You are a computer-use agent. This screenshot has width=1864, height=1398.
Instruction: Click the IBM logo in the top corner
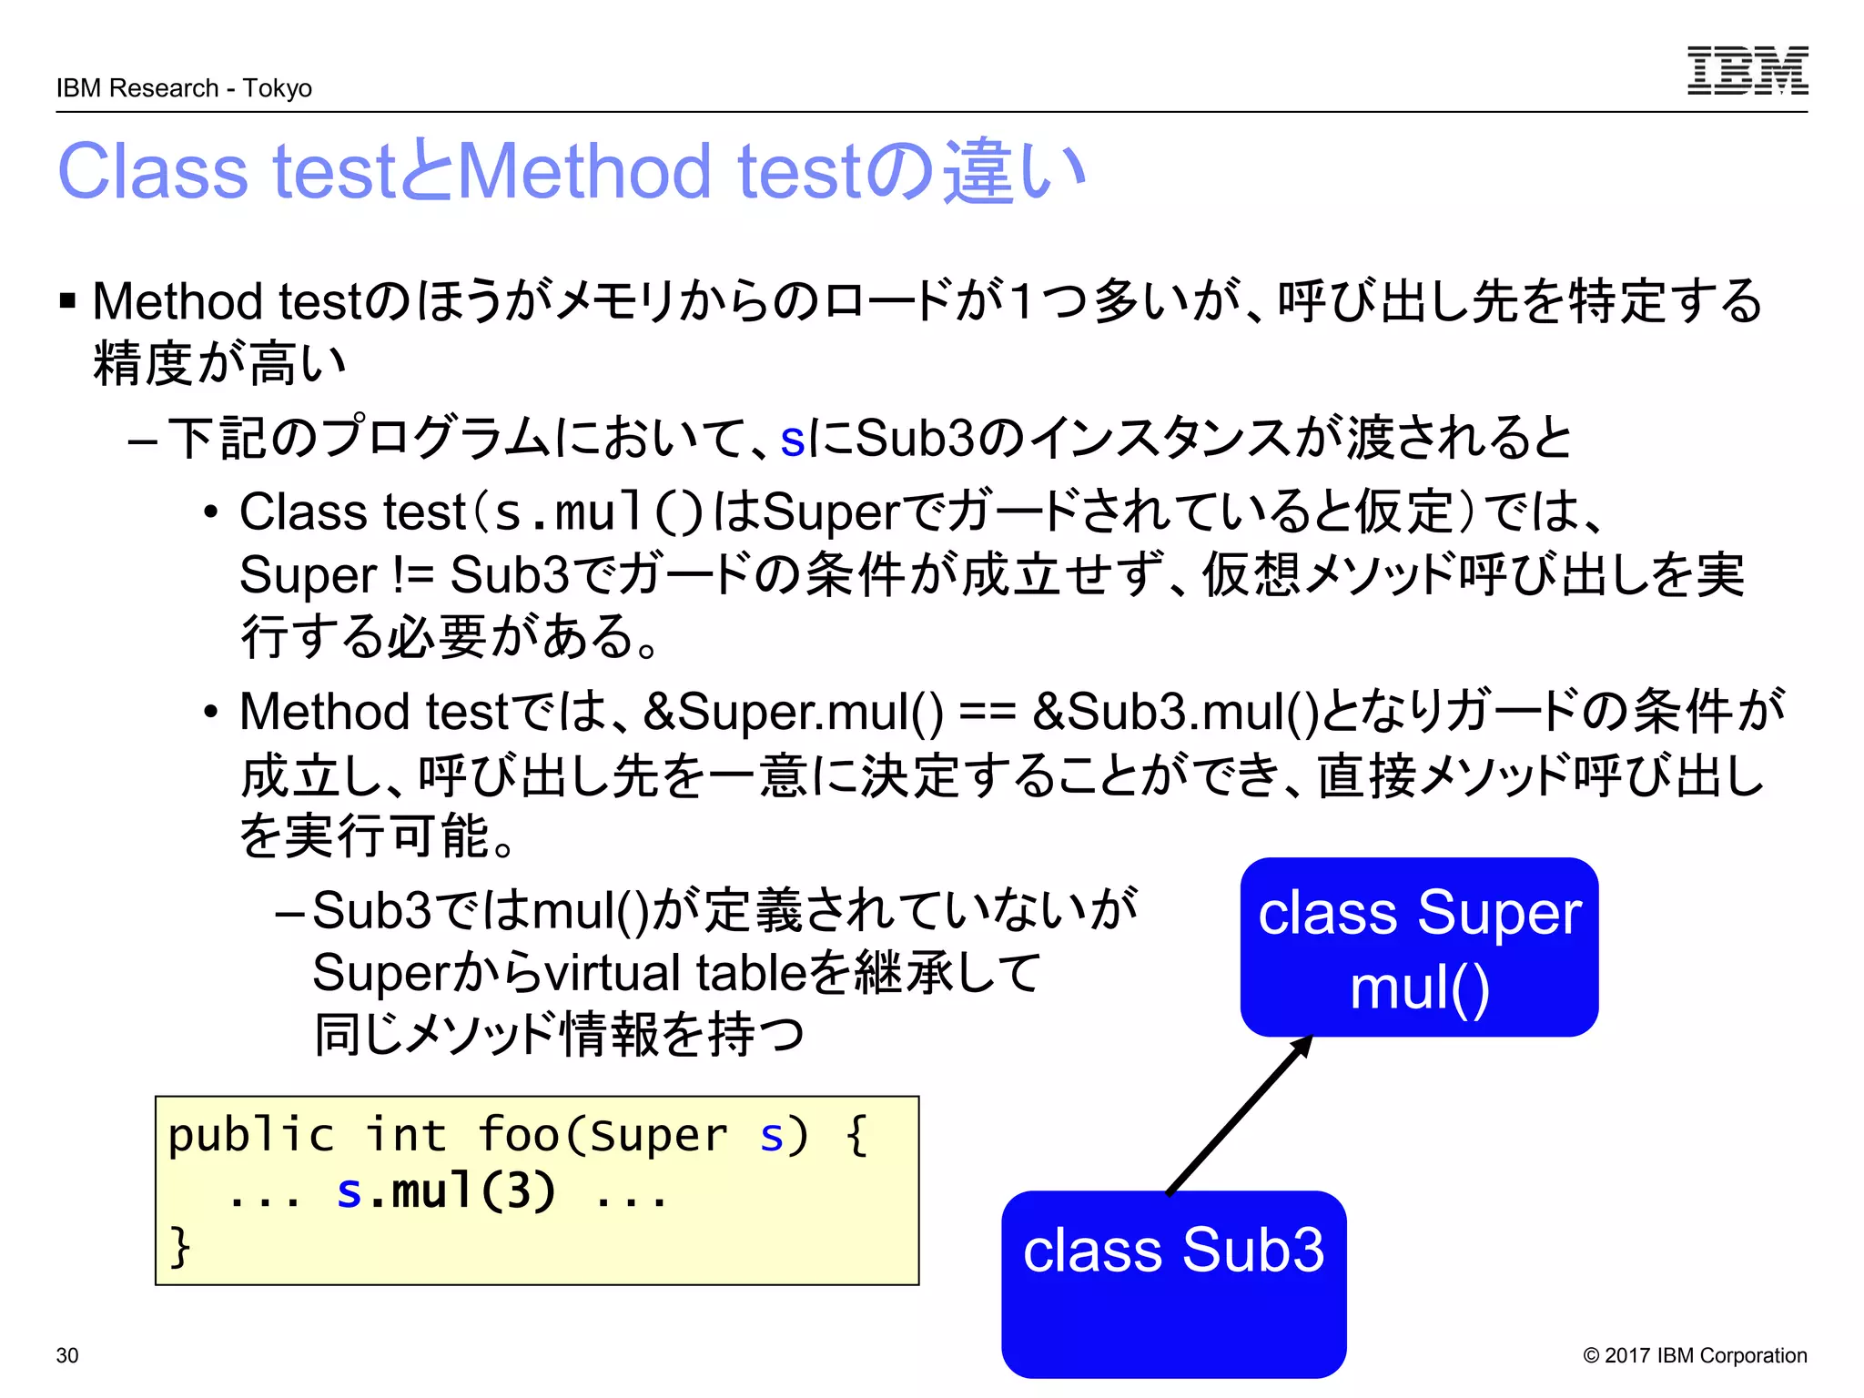1747,71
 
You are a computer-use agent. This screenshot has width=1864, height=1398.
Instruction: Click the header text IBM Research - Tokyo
184,88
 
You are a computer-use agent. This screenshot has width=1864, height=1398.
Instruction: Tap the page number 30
67,1355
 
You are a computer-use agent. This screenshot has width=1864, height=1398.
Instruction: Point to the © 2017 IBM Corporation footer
1695,1355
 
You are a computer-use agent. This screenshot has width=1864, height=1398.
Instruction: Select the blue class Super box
1418,947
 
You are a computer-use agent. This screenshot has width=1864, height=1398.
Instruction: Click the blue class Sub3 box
1173,1283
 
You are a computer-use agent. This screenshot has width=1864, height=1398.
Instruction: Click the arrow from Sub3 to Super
1240,1115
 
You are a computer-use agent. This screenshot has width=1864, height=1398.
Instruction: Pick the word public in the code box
251,1135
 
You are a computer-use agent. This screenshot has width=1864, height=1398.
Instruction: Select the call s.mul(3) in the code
446,1190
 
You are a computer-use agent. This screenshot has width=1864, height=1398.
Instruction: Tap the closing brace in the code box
179,1246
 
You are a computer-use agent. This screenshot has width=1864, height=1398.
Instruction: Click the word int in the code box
406,1135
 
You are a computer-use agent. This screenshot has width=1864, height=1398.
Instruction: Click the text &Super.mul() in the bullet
793,712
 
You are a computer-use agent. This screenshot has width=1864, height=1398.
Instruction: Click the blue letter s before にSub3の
792,439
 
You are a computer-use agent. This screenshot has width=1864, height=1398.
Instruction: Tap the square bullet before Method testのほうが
67,300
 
